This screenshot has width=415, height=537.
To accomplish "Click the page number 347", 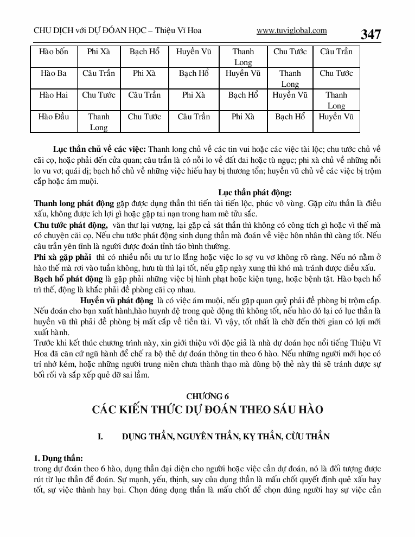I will pyautogui.click(x=371, y=34).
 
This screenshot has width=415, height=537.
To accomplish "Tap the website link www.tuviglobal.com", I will pyautogui.click(x=291, y=31).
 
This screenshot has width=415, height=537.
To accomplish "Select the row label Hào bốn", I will pyautogui.click(x=54, y=52).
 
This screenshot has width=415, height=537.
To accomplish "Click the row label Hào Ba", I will pyautogui.click(x=54, y=73).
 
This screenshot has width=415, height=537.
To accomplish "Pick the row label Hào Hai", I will pyautogui.click(x=54, y=95).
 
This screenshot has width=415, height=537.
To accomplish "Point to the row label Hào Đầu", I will pyautogui.click(x=54, y=117).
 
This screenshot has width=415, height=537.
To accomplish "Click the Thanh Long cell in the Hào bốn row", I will pyautogui.click(x=243, y=57).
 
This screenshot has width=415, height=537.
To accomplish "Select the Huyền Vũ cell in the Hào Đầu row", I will pyautogui.click(x=336, y=117).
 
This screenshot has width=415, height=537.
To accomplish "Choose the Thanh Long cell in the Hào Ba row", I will pyautogui.click(x=290, y=79).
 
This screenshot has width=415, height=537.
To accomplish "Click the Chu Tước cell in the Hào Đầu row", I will pyautogui.click(x=144, y=117).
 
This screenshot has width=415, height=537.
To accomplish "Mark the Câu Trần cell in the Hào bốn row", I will pyautogui.click(x=336, y=52).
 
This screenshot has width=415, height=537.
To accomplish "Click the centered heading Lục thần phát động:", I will pyautogui.click(x=255, y=192).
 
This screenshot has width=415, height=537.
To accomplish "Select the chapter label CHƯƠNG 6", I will pyautogui.click(x=208, y=397).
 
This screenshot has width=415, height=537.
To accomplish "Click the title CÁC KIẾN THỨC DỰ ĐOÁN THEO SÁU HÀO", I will pyautogui.click(x=208, y=410).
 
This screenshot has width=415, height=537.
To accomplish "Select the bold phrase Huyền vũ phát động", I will pyautogui.click(x=117, y=300).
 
